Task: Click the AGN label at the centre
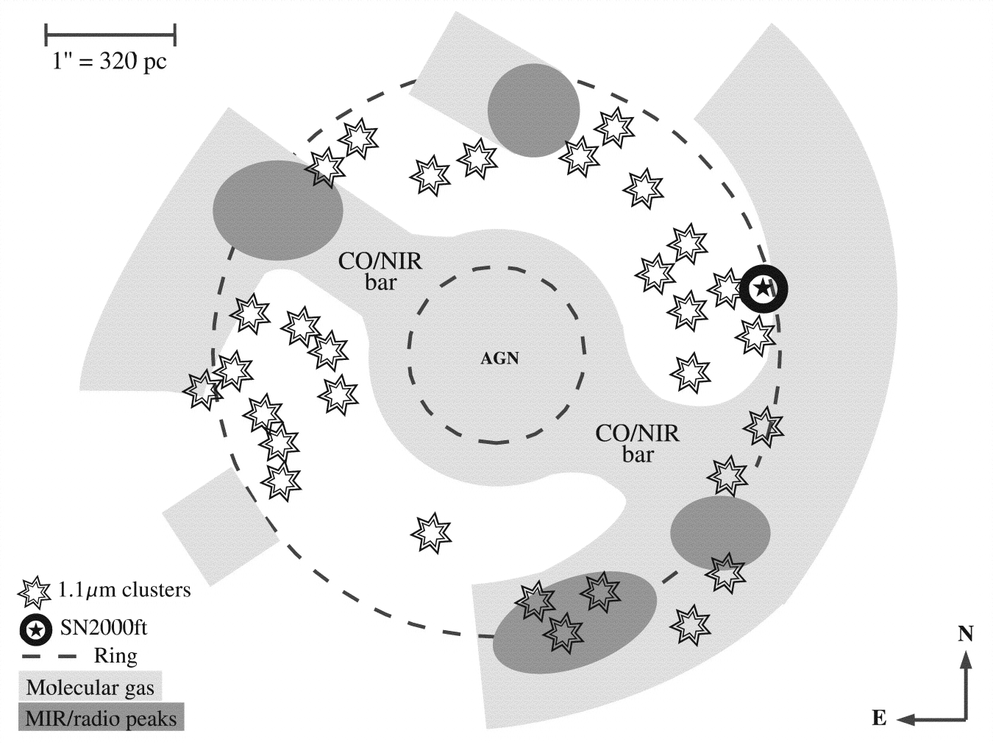[499, 359]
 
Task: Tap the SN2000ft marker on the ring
[764, 288]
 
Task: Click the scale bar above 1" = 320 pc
[110, 34]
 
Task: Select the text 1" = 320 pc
[110, 60]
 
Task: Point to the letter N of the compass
[966, 634]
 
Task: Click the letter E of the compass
[879, 718]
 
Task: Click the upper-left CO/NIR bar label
[380, 270]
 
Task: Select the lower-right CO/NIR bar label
[637, 443]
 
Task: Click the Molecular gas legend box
[90, 688]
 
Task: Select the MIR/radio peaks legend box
[101, 718]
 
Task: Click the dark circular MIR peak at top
[533, 110]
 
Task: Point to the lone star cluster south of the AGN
[430, 533]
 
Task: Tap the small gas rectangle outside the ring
[218, 526]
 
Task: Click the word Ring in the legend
[115, 655]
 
